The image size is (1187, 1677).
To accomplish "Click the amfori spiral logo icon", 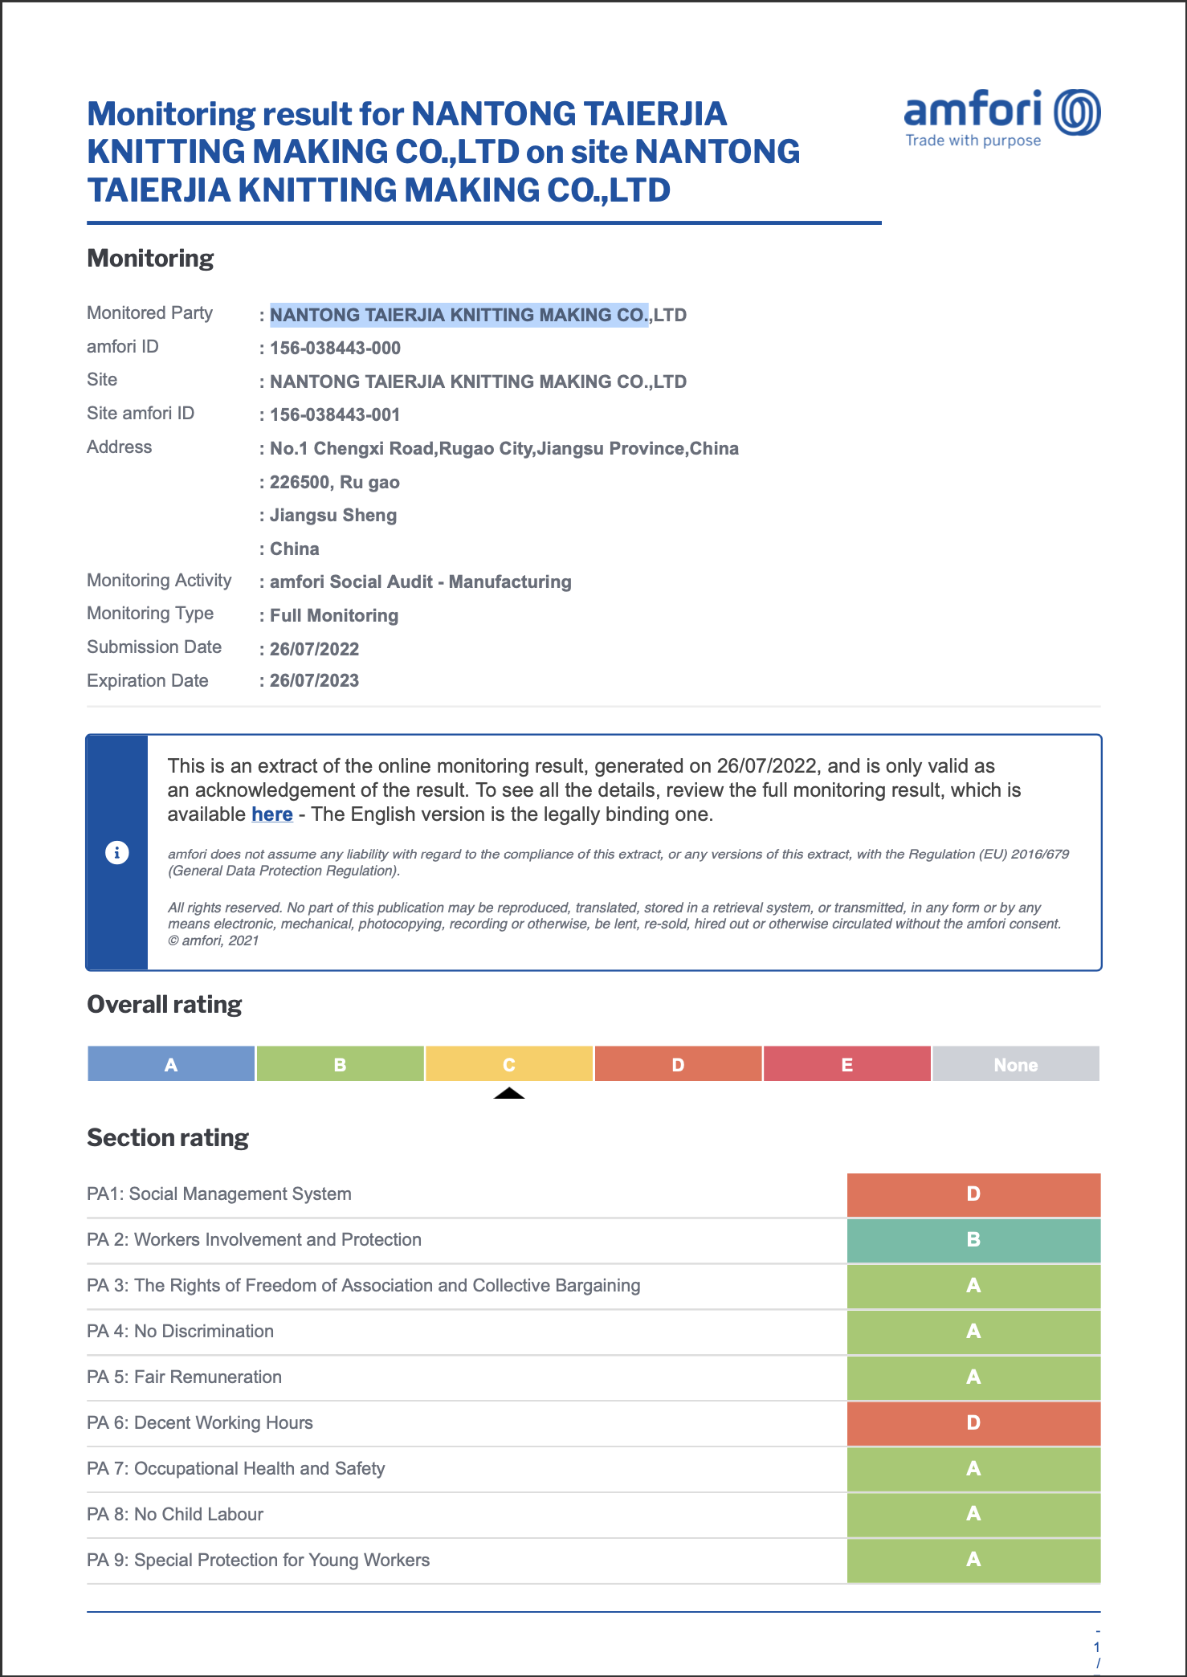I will (1077, 112).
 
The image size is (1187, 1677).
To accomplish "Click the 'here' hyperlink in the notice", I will (271, 814).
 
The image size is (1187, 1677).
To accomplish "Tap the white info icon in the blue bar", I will (117, 852).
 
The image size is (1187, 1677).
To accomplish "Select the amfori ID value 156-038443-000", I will (335, 349).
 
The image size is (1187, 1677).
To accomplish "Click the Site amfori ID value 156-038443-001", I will (335, 415).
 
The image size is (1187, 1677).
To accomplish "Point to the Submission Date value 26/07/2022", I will (314, 649).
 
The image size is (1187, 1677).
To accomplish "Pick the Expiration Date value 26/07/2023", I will (314, 681).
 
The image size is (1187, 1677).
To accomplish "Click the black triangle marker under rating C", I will (509, 1093).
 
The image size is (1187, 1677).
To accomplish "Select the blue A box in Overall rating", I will (171, 1064).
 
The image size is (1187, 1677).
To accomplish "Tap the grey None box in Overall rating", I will (1016, 1064).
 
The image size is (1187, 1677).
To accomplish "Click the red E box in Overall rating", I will (846, 1064).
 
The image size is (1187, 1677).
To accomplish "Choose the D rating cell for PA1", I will (973, 1194).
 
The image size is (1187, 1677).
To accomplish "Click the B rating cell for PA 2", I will (973, 1240).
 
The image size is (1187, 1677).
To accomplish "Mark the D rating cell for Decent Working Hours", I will (973, 1423).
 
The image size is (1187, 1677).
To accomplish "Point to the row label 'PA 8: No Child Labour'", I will (175, 1515).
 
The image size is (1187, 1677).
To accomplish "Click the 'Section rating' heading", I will (168, 1138).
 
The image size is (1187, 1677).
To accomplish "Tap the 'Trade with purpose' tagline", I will (973, 141).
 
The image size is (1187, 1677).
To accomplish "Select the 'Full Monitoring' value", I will (334, 616).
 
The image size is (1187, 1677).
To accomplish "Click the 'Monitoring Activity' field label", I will (159, 581).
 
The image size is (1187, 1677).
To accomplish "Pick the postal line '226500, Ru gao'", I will (334, 483).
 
